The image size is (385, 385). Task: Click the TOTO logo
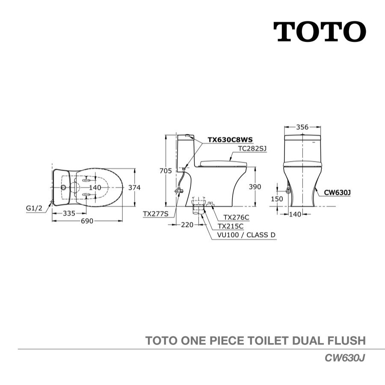click(320, 32)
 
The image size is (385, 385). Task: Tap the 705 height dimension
click(166, 171)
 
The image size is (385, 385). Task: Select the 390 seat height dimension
click(255, 187)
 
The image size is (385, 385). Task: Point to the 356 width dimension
click(302, 127)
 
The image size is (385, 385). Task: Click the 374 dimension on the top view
click(135, 188)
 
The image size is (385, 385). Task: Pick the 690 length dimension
click(87, 221)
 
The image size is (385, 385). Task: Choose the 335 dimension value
click(69, 213)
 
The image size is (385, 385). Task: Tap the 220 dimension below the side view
click(187, 225)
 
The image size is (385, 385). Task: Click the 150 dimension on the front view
click(277, 199)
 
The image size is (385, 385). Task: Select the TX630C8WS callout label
click(230, 140)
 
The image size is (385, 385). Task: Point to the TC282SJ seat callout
click(252, 148)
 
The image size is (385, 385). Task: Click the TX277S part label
click(156, 214)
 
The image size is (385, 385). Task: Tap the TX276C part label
click(236, 217)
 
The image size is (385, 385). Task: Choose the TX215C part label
click(231, 226)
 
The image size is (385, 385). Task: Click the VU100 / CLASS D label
click(246, 235)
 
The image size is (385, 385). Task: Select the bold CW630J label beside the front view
click(338, 193)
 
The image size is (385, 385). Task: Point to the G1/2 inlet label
click(34, 208)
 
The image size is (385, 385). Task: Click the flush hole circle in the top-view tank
click(63, 188)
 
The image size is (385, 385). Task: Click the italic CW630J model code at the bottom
click(345, 358)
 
